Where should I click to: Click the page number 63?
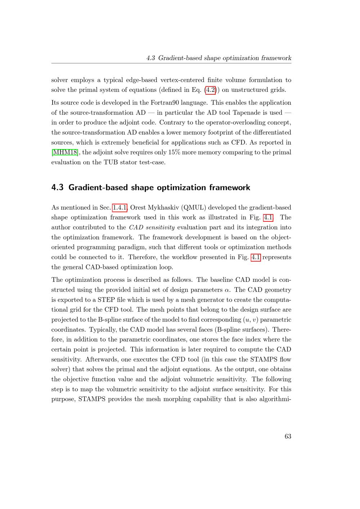click(x=288, y=436)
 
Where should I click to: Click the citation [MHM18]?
click(x=65, y=152)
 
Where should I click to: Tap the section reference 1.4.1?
click(x=120, y=208)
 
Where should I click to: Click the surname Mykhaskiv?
click(x=162, y=208)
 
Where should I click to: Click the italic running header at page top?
click(x=219, y=58)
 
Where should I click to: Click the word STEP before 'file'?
click(x=106, y=300)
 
